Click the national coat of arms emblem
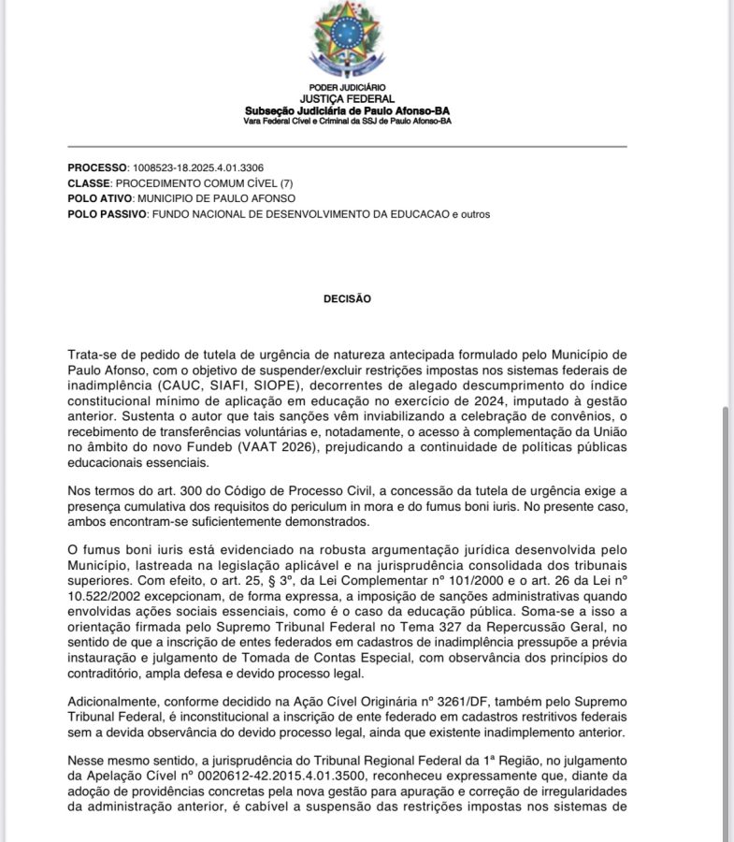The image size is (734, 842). point(347,40)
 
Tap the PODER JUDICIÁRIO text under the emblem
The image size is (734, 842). point(347,87)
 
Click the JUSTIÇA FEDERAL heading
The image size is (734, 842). point(347,98)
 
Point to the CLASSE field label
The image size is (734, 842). point(90,183)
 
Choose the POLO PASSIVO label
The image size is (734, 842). point(108,214)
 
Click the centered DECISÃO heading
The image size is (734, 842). point(347,299)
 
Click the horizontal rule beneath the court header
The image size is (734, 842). point(347,146)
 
